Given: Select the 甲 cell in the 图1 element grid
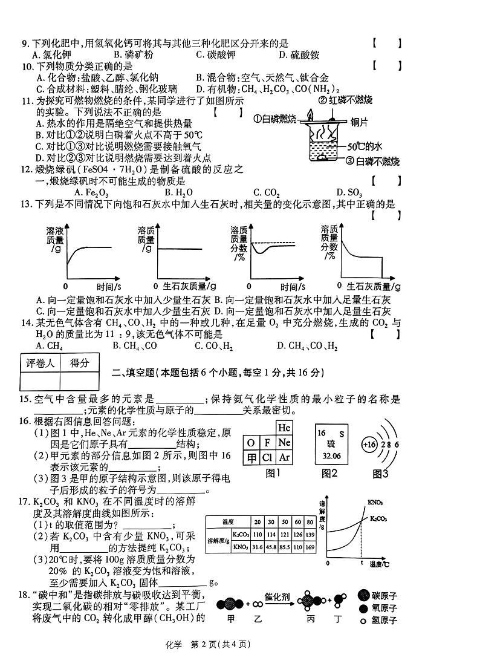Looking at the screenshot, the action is (251, 457).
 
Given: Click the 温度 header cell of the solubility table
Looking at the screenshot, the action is (228, 521).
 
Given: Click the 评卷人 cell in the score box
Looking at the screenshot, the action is (40, 364).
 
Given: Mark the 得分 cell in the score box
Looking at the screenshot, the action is (79, 364).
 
